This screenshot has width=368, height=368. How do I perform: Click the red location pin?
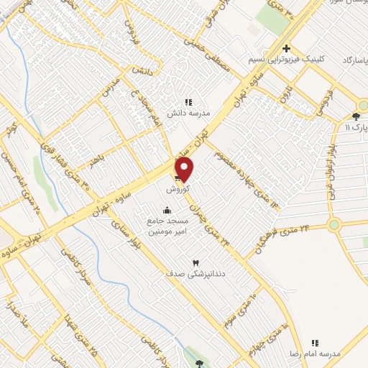pyautogui.click(x=185, y=170)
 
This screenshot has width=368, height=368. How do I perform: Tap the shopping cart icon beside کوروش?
pyautogui.click(x=178, y=179)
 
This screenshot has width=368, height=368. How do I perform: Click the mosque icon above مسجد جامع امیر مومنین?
pyautogui.click(x=167, y=210)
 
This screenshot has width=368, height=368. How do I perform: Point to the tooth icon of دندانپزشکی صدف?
pyautogui.click(x=195, y=263)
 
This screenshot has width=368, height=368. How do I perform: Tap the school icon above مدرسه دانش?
pyautogui.click(x=188, y=103)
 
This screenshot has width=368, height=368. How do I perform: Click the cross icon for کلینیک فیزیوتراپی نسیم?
pyautogui.click(x=286, y=49)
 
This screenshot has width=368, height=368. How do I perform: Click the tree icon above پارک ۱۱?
pyautogui.click(x=357, y=116)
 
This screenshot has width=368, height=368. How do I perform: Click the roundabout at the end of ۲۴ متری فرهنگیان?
pyautogui.click(x=333, y=225)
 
